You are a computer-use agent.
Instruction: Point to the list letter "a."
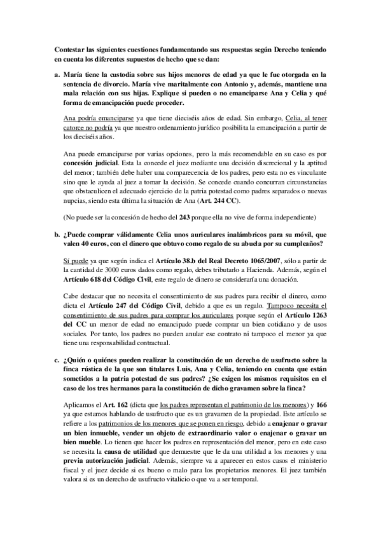(x=57, y=74)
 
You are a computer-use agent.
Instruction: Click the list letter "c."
(x=57, y=362)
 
